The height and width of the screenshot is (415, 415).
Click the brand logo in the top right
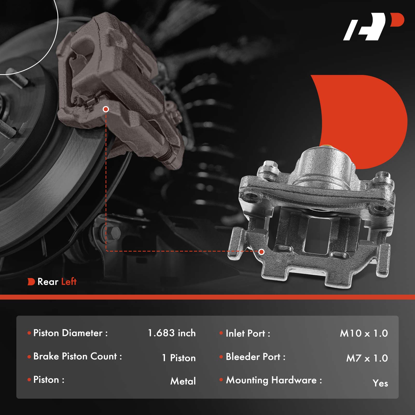tap(374, 26)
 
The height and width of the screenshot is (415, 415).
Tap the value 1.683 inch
tap(172, 333)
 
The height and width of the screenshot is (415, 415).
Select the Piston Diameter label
tap(70, 333)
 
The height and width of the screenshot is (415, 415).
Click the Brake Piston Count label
tap(78, 356)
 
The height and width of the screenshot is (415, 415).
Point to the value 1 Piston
tap(179, 358)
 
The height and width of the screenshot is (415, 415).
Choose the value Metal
tap(183, 381)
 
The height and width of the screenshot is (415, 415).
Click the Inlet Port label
tap(248, 333)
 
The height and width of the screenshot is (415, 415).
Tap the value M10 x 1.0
tap(364, 333)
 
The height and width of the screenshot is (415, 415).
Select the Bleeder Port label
tap(255, 357)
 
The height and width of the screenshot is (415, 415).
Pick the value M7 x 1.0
tap(367, 358)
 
